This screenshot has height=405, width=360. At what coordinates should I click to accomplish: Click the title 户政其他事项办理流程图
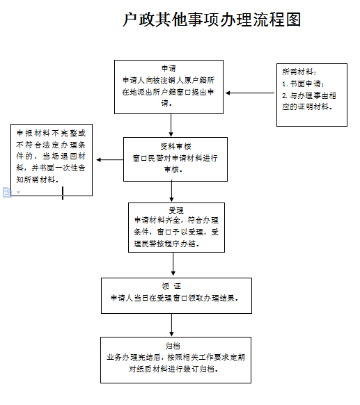212,19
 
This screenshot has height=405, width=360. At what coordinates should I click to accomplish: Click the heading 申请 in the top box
169,68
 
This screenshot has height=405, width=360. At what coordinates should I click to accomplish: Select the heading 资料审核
175,146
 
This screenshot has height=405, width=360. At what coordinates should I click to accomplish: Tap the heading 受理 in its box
176,210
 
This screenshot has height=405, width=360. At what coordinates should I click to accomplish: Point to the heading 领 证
171,286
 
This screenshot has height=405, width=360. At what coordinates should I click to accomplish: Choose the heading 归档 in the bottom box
173,346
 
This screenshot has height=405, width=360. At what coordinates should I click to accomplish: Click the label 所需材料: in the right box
299,72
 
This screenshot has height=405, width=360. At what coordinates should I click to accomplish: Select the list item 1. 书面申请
303,84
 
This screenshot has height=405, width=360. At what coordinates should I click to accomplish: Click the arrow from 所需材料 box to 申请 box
250,93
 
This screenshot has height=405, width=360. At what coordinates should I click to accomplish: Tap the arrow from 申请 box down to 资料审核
171,125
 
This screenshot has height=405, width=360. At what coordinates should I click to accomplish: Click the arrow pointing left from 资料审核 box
110,160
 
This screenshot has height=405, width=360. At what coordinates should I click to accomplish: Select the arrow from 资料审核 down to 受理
171,191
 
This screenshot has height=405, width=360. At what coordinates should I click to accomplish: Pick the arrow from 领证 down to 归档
171,325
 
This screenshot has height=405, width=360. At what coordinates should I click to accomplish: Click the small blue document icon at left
7,193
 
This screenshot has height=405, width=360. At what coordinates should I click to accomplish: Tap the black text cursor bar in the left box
63,193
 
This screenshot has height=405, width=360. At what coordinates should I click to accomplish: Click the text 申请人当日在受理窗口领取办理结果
175,298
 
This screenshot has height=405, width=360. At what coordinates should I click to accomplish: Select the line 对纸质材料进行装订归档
173,369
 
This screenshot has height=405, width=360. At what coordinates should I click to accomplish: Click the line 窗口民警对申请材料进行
175,158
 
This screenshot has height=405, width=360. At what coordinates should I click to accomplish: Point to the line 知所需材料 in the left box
38,180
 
